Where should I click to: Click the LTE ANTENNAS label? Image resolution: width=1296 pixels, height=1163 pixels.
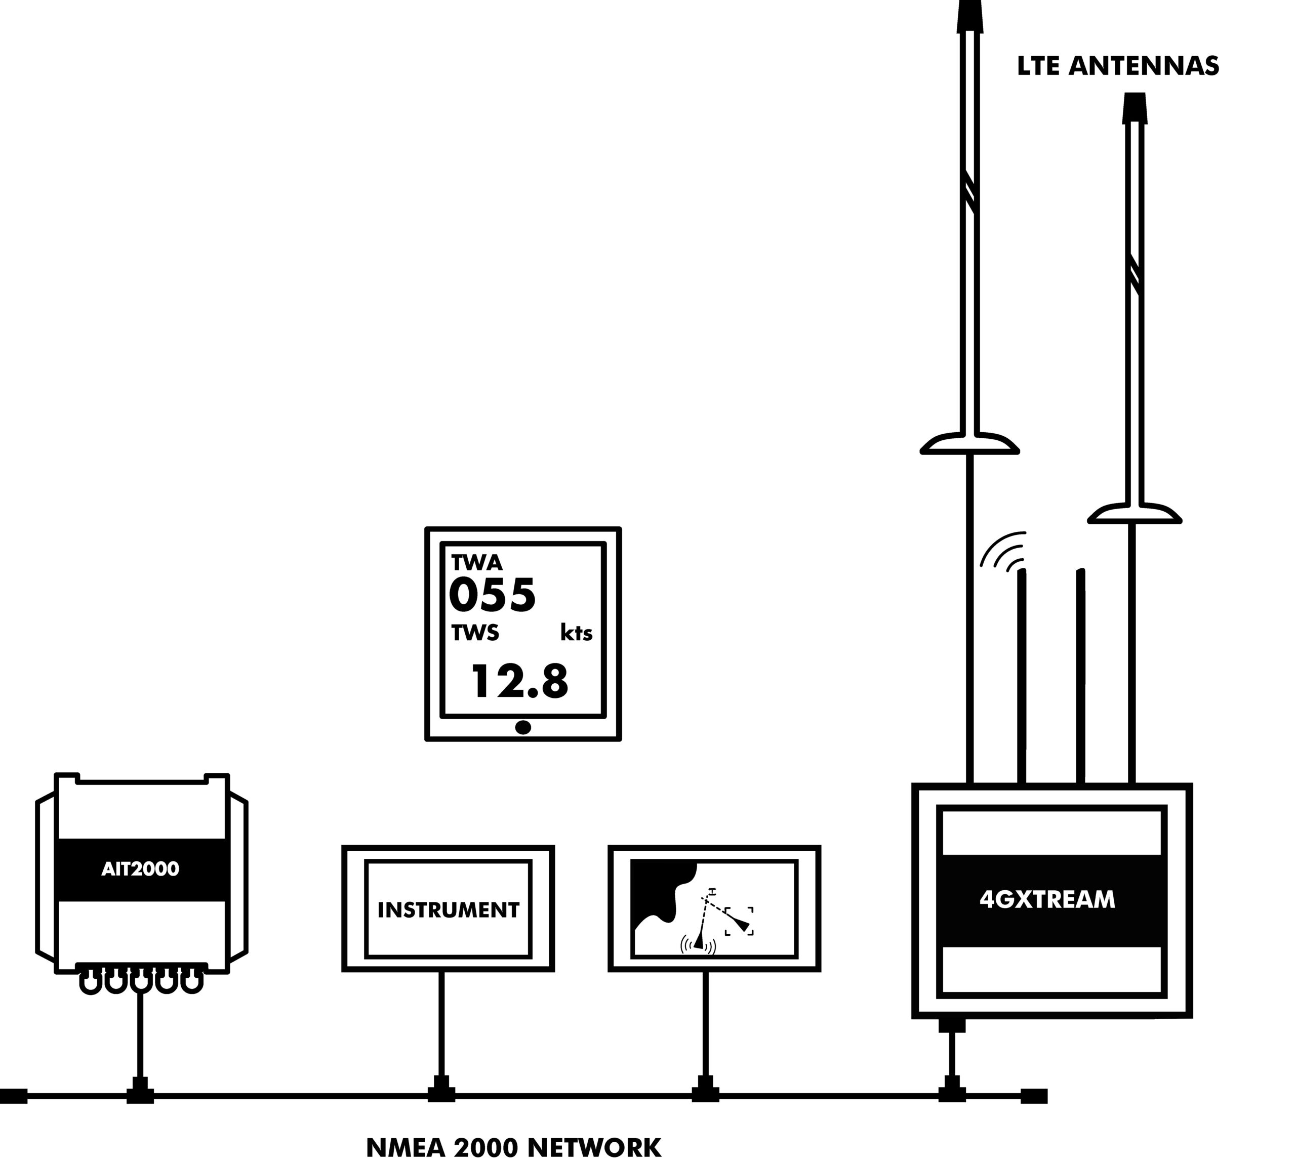click(1118, 66)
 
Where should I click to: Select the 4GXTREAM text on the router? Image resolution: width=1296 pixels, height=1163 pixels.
click(1047, 899)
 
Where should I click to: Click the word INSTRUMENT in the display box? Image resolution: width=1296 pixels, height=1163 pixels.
click(448, 909)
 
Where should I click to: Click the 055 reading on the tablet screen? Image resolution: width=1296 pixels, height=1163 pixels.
click(492, 595)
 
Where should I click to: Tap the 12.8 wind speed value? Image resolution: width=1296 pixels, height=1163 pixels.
click(519, 681)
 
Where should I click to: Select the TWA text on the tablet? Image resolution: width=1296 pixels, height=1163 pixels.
click(477, 562)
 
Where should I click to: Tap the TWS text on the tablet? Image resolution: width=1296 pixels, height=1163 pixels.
click(475, 633)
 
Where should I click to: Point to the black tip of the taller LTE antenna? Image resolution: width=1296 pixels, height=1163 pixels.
click(969, 17)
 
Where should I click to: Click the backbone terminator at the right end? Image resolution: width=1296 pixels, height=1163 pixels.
click(1033, 1096)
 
